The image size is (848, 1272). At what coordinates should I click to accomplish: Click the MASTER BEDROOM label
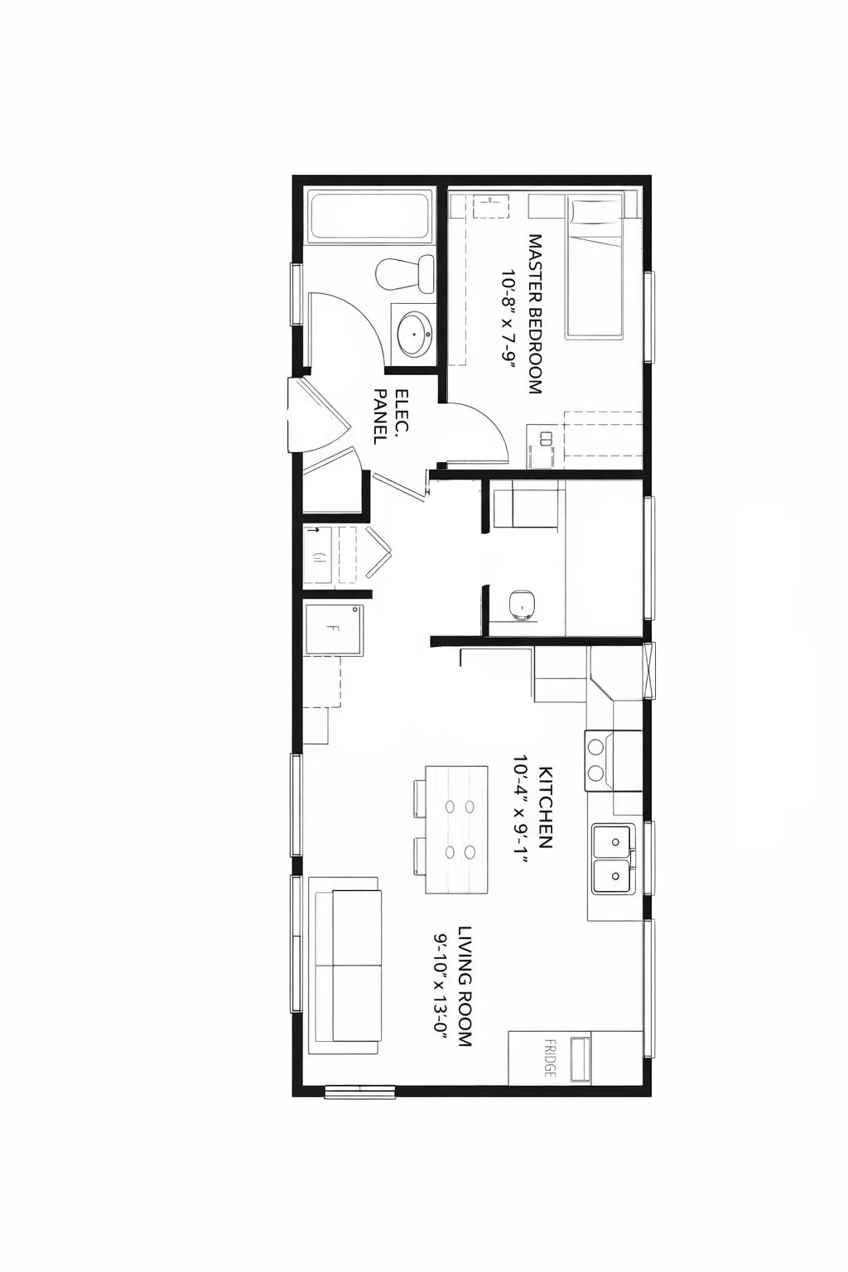tap(536, 314)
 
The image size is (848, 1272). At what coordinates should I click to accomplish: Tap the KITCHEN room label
tap(546, 807)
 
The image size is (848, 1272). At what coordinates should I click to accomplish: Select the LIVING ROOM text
tap(465, 986)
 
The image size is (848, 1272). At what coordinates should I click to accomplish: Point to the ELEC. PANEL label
tap(391, 416)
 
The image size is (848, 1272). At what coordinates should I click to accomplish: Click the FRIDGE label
tap(550, 1058)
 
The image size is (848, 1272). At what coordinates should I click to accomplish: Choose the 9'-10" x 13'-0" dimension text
tap(442, 986)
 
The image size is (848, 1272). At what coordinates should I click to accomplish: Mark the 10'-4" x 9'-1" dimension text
tap(521, 809)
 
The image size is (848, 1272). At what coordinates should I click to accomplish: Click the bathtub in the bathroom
tap(369, 217)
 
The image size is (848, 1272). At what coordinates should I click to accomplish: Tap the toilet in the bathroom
tap(406, 274)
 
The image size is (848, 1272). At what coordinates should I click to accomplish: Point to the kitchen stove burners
tap(595, 759)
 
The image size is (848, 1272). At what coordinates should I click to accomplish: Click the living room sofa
tap(346, 966)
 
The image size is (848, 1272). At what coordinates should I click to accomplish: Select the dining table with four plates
tap(456, 829)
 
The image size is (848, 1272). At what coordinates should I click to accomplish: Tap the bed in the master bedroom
tap(595, 267)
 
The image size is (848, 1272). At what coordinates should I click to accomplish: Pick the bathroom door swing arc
tap(352, 323)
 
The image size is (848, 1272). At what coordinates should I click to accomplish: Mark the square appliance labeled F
tap(334, 629)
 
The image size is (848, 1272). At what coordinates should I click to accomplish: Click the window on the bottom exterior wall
tap(359, 1091)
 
